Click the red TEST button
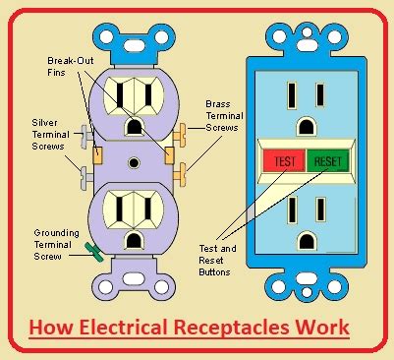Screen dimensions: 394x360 (284, 160)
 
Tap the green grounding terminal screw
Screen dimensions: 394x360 (94, 252)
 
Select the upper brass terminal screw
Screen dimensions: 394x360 (180, 135)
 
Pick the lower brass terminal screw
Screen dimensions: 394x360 (180, 175)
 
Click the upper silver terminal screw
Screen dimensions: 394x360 (86, 137)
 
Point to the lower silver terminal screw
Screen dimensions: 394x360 (85, 178)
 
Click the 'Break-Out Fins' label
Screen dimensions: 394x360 (71, 66)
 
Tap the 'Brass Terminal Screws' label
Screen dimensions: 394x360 (224, 116)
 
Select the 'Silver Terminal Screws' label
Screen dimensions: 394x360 (51, 135)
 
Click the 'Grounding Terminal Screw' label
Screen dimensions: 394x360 (57, 245)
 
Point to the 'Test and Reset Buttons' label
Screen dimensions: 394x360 (217, 261)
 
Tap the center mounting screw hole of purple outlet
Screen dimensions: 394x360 (134, 162)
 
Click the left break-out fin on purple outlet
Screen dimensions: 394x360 (98, 155)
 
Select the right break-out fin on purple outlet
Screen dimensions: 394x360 (169, 155)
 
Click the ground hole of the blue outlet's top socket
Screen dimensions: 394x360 (307, 127)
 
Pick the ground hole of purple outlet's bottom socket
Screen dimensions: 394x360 (134, 241)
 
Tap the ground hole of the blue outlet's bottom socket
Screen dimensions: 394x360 (307, 241)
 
